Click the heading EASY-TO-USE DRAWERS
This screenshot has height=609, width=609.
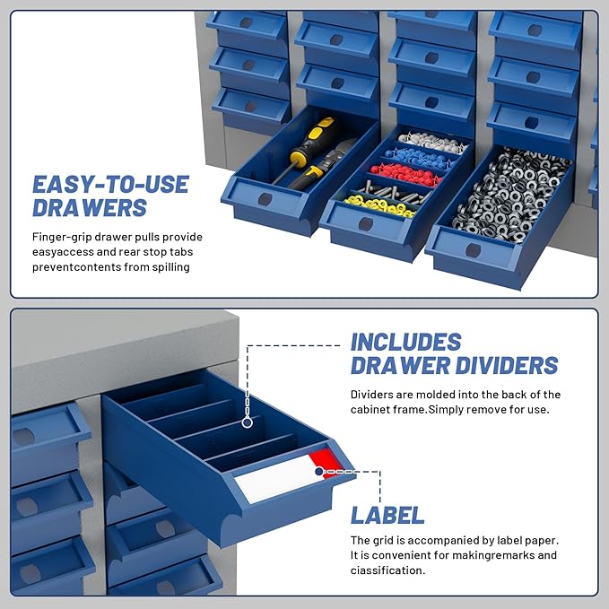pyautogui.click(x=110, y=196)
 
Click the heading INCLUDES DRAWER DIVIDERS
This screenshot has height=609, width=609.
pyautogui.click(x=454, y=353)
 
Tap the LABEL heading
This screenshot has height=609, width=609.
pyautogui.click(x=387, y=515)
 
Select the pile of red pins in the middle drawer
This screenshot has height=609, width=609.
pyautogui.click(x=405, y=174)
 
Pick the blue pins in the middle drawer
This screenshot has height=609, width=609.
pyautogui.click(x=422, y=157)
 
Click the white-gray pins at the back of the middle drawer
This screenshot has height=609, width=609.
pyautogui.click(x=434, y=142)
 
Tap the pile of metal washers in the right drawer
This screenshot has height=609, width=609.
pyautogui.click(x=508, y=190)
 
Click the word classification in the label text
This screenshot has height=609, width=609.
pyautogui.click(x=387, y=570)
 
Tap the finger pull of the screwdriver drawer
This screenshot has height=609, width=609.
pyautogui.click(x=265, y=198)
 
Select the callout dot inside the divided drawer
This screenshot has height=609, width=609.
pyautogui.click(x=247, y=421)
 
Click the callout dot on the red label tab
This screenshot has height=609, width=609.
pyautogui.click(x=319, y=471)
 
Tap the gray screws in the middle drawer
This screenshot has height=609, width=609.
pyautogui.click(x=392, y=191)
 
